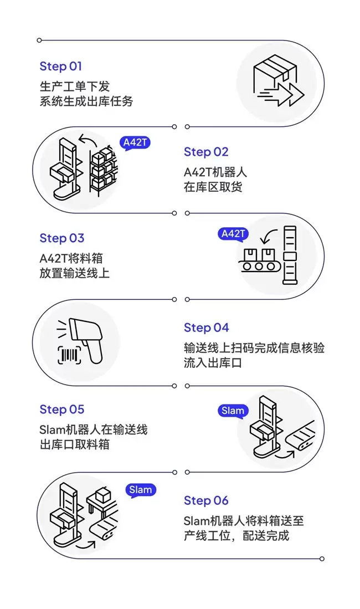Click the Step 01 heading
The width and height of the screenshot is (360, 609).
(x=61, y=66)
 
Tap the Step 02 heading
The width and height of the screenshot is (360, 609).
(x=206, y=152)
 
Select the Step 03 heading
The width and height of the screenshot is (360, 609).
(x=62, y=238)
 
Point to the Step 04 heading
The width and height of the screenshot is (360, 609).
(x=206, y=327)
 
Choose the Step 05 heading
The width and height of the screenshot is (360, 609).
(x=62, y=410)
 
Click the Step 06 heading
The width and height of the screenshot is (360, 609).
(x=206, y=501)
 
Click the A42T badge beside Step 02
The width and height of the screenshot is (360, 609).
(x=135, y=143)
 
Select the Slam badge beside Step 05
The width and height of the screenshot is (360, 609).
(x=233, y=411)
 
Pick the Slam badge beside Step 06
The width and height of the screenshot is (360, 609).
(x=141, y=490)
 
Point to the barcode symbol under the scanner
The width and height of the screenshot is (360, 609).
(x=70, y=355)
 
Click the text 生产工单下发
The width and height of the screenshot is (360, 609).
(x=75, y=86)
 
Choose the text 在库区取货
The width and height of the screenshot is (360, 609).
(x=213, y=187)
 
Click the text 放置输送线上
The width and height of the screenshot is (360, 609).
(x=75, y=273)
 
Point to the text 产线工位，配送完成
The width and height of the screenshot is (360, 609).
(x=236, y=536)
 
